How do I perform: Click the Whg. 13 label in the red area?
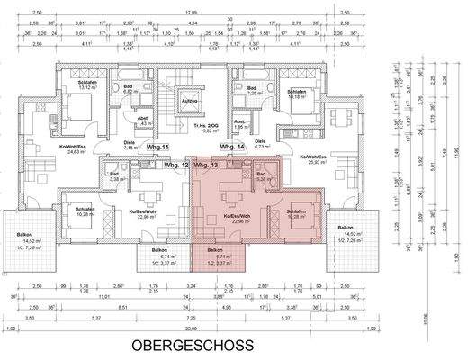[x=206, y=166]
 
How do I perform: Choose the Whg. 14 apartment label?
[x=232, y=145]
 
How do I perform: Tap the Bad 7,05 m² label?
[x=253, y=88]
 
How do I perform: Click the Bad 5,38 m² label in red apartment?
[x=261, y=176]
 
